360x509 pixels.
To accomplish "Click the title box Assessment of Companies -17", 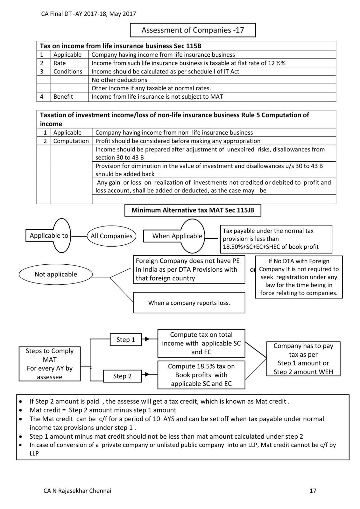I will coord(193,30).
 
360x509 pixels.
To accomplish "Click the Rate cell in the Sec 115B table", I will coord(60,63).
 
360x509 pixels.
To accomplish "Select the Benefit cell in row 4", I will coord(63,96).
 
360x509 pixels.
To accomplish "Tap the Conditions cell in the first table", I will coord(67,71).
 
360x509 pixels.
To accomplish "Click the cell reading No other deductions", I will coord(119,80).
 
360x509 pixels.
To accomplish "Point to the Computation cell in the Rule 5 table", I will coord(71,141).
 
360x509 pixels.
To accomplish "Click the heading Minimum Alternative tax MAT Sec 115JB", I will coord(193,210).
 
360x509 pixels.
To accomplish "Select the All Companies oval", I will coord(111,236).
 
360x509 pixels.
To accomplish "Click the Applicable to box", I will coord(49,236).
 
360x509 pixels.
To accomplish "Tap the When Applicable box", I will coord(177,236).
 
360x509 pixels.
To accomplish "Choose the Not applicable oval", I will coord(56,274).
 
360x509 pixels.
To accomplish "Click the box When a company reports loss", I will coord(189,303).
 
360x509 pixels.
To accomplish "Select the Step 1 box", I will coord(125,340).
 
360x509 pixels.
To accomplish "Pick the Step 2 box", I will coord(122,376).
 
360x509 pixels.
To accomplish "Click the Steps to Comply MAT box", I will coord(50,364).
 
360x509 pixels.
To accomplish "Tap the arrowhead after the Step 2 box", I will coord(147,375).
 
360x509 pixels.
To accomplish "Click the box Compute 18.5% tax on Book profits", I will coord(201,375).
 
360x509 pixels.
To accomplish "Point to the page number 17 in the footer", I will coord(313,491).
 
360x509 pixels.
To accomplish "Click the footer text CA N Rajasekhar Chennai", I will coord(77,491).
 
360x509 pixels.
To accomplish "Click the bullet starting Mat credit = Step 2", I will coord(103,410).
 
